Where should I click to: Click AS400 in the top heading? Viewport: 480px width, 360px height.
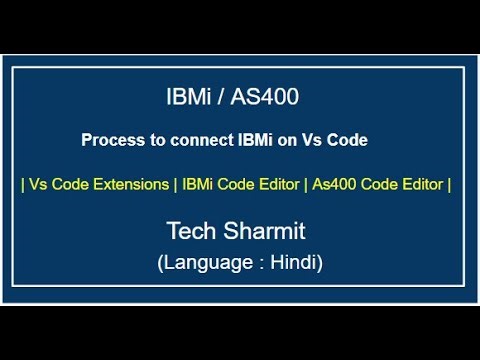pyautogui.click(x=264, y=97)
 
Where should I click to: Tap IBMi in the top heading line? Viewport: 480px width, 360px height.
pyautogui.click(x=190, y=97)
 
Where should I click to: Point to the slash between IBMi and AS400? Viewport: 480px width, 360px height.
pyautogui.click(x=223, y=97)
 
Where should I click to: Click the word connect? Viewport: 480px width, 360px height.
pyautogui.click(x=196, y=141)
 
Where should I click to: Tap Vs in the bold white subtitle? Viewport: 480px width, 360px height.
pyautogui.click(x=313, y=141)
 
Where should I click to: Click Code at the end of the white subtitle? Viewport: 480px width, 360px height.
pyautogui.click(x=348, y=141)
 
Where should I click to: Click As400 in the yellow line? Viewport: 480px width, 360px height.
pyautogui.click(x=336, y=184)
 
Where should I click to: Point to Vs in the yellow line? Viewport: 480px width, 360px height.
pyautogui.click(x=40, y=184)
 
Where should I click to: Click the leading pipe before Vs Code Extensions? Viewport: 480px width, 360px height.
pyautogui.click(x=23, y=184)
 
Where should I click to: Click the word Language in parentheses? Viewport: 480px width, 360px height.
pyautogui.click(x=205, y=264)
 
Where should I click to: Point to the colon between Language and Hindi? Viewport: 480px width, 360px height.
pyautogui.click(x=257, y=265)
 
